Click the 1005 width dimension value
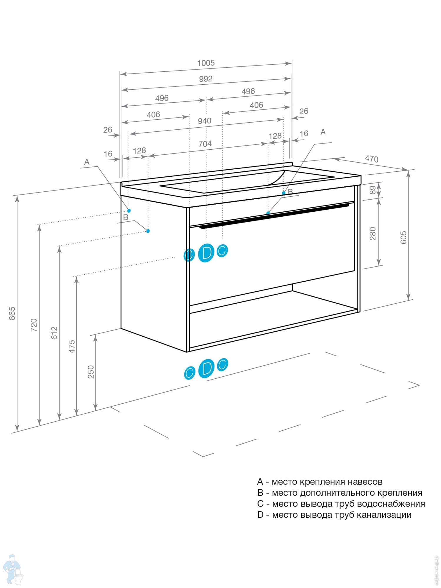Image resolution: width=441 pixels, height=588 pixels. click(206, 63)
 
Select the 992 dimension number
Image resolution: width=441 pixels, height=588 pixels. click(206, 79)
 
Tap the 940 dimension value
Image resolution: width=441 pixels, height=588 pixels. click(204, 121)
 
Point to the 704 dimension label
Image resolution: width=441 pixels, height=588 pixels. click(205, 144)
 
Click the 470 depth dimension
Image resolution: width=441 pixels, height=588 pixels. click(372, 159)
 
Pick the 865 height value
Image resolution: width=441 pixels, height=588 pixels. click(12, 313)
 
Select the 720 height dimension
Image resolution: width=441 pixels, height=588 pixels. click(34, 325)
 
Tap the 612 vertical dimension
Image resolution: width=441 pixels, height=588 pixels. click(54, 333)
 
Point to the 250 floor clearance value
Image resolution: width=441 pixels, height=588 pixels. click(91, 372)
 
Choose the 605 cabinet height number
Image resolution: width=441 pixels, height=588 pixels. click(403, 237)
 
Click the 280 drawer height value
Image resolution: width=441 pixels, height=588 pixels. click(372, 233)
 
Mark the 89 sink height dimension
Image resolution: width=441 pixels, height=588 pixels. click(372, 190)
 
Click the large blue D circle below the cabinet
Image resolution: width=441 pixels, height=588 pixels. click(207, 368)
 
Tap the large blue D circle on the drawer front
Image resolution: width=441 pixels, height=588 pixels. click(206, 253)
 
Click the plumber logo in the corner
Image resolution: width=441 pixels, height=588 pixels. click(12, 569)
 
